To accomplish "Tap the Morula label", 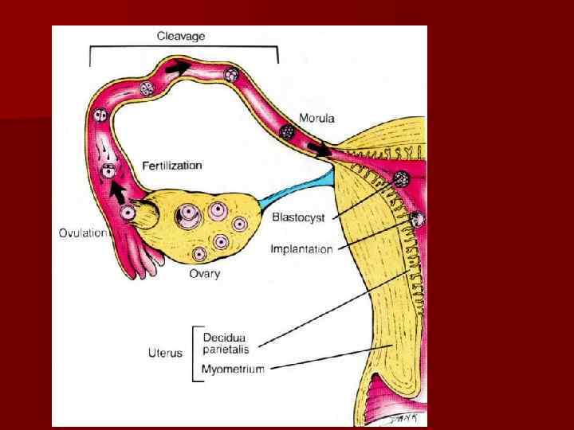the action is (x=316, y=119).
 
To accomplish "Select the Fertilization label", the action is (x=172, y=166).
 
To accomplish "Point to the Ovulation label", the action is (x=83, y=233).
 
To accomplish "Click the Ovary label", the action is (x=205, y=274).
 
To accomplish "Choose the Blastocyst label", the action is (x=297, y=217).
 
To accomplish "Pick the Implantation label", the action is (x=301, y=249).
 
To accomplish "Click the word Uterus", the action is (x=165, y=353).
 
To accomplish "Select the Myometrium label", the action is (x=234, y=368).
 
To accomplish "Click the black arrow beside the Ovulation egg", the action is (x=118, y=191).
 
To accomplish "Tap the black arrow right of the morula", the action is (x=320, y=149).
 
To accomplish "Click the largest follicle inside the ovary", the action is (x=188, y=215).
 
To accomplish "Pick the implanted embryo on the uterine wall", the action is (x=416, y=218).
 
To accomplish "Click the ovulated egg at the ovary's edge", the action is (x=128, y=213).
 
